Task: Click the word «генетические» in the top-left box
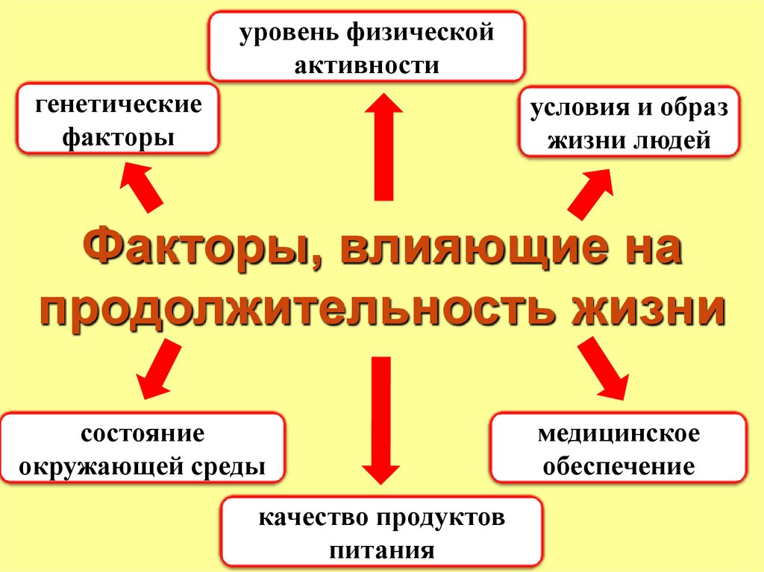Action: tap(118, 104)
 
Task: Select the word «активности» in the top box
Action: tap(366, 65)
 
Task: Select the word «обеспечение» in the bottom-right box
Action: tap(619, 467)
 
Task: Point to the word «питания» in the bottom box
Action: tap(381, 551)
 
